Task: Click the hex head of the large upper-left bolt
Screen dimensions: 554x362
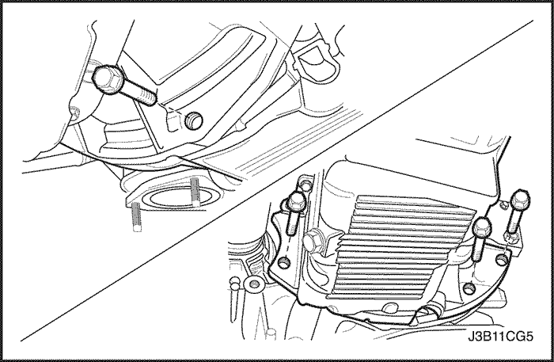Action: point(107,79)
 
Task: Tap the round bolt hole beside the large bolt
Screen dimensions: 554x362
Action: point(194,120)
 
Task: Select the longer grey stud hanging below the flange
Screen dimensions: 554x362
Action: point(137,217)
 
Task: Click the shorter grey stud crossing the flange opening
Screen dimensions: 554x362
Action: point(195,192)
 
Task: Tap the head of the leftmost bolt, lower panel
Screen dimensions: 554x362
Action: point(297,203)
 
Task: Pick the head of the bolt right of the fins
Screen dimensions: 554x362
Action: point(482,225)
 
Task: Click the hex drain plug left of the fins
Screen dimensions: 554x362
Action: point(314,242)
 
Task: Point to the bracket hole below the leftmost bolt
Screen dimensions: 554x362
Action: point(283,263)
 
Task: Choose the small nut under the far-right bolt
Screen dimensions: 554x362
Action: point(510,239)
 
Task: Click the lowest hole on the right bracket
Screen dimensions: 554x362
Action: point(469,288)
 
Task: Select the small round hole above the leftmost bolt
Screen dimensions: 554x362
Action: point(306,183)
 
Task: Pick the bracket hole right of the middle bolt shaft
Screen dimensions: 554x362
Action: point(503,260)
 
